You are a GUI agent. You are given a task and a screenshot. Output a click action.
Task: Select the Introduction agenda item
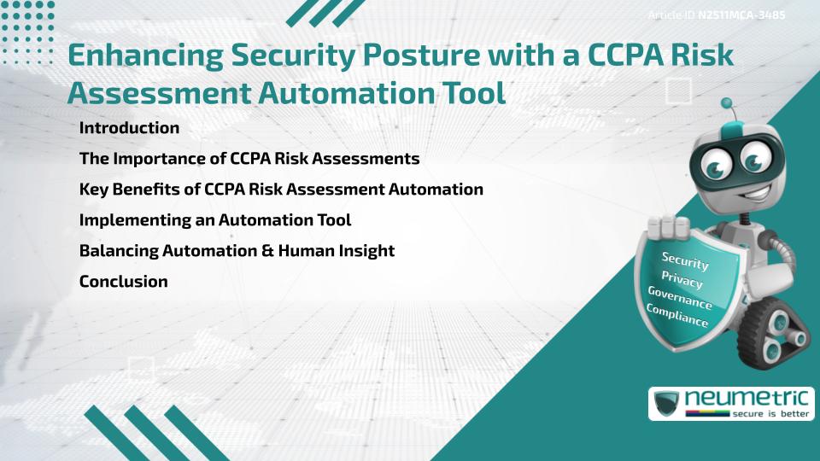pos(129,128)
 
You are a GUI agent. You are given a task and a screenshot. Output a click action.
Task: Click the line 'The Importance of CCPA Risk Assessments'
pos(249,159)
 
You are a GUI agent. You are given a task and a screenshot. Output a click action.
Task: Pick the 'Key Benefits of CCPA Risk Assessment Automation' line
pos(281,189)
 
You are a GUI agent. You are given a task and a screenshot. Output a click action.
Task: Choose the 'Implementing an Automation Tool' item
pos(215,219)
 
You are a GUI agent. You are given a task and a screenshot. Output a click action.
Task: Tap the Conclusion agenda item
pos(123,281)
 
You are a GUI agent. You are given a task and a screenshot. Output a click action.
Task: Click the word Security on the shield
pos(685,260)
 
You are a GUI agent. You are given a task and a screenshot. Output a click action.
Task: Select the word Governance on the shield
pos(680,297)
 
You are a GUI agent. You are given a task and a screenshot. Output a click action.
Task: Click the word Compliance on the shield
pos(677,316)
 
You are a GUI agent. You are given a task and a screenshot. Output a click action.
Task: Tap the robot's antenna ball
pos(728,104)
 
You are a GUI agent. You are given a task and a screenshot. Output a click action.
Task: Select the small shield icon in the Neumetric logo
pos(666,403)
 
